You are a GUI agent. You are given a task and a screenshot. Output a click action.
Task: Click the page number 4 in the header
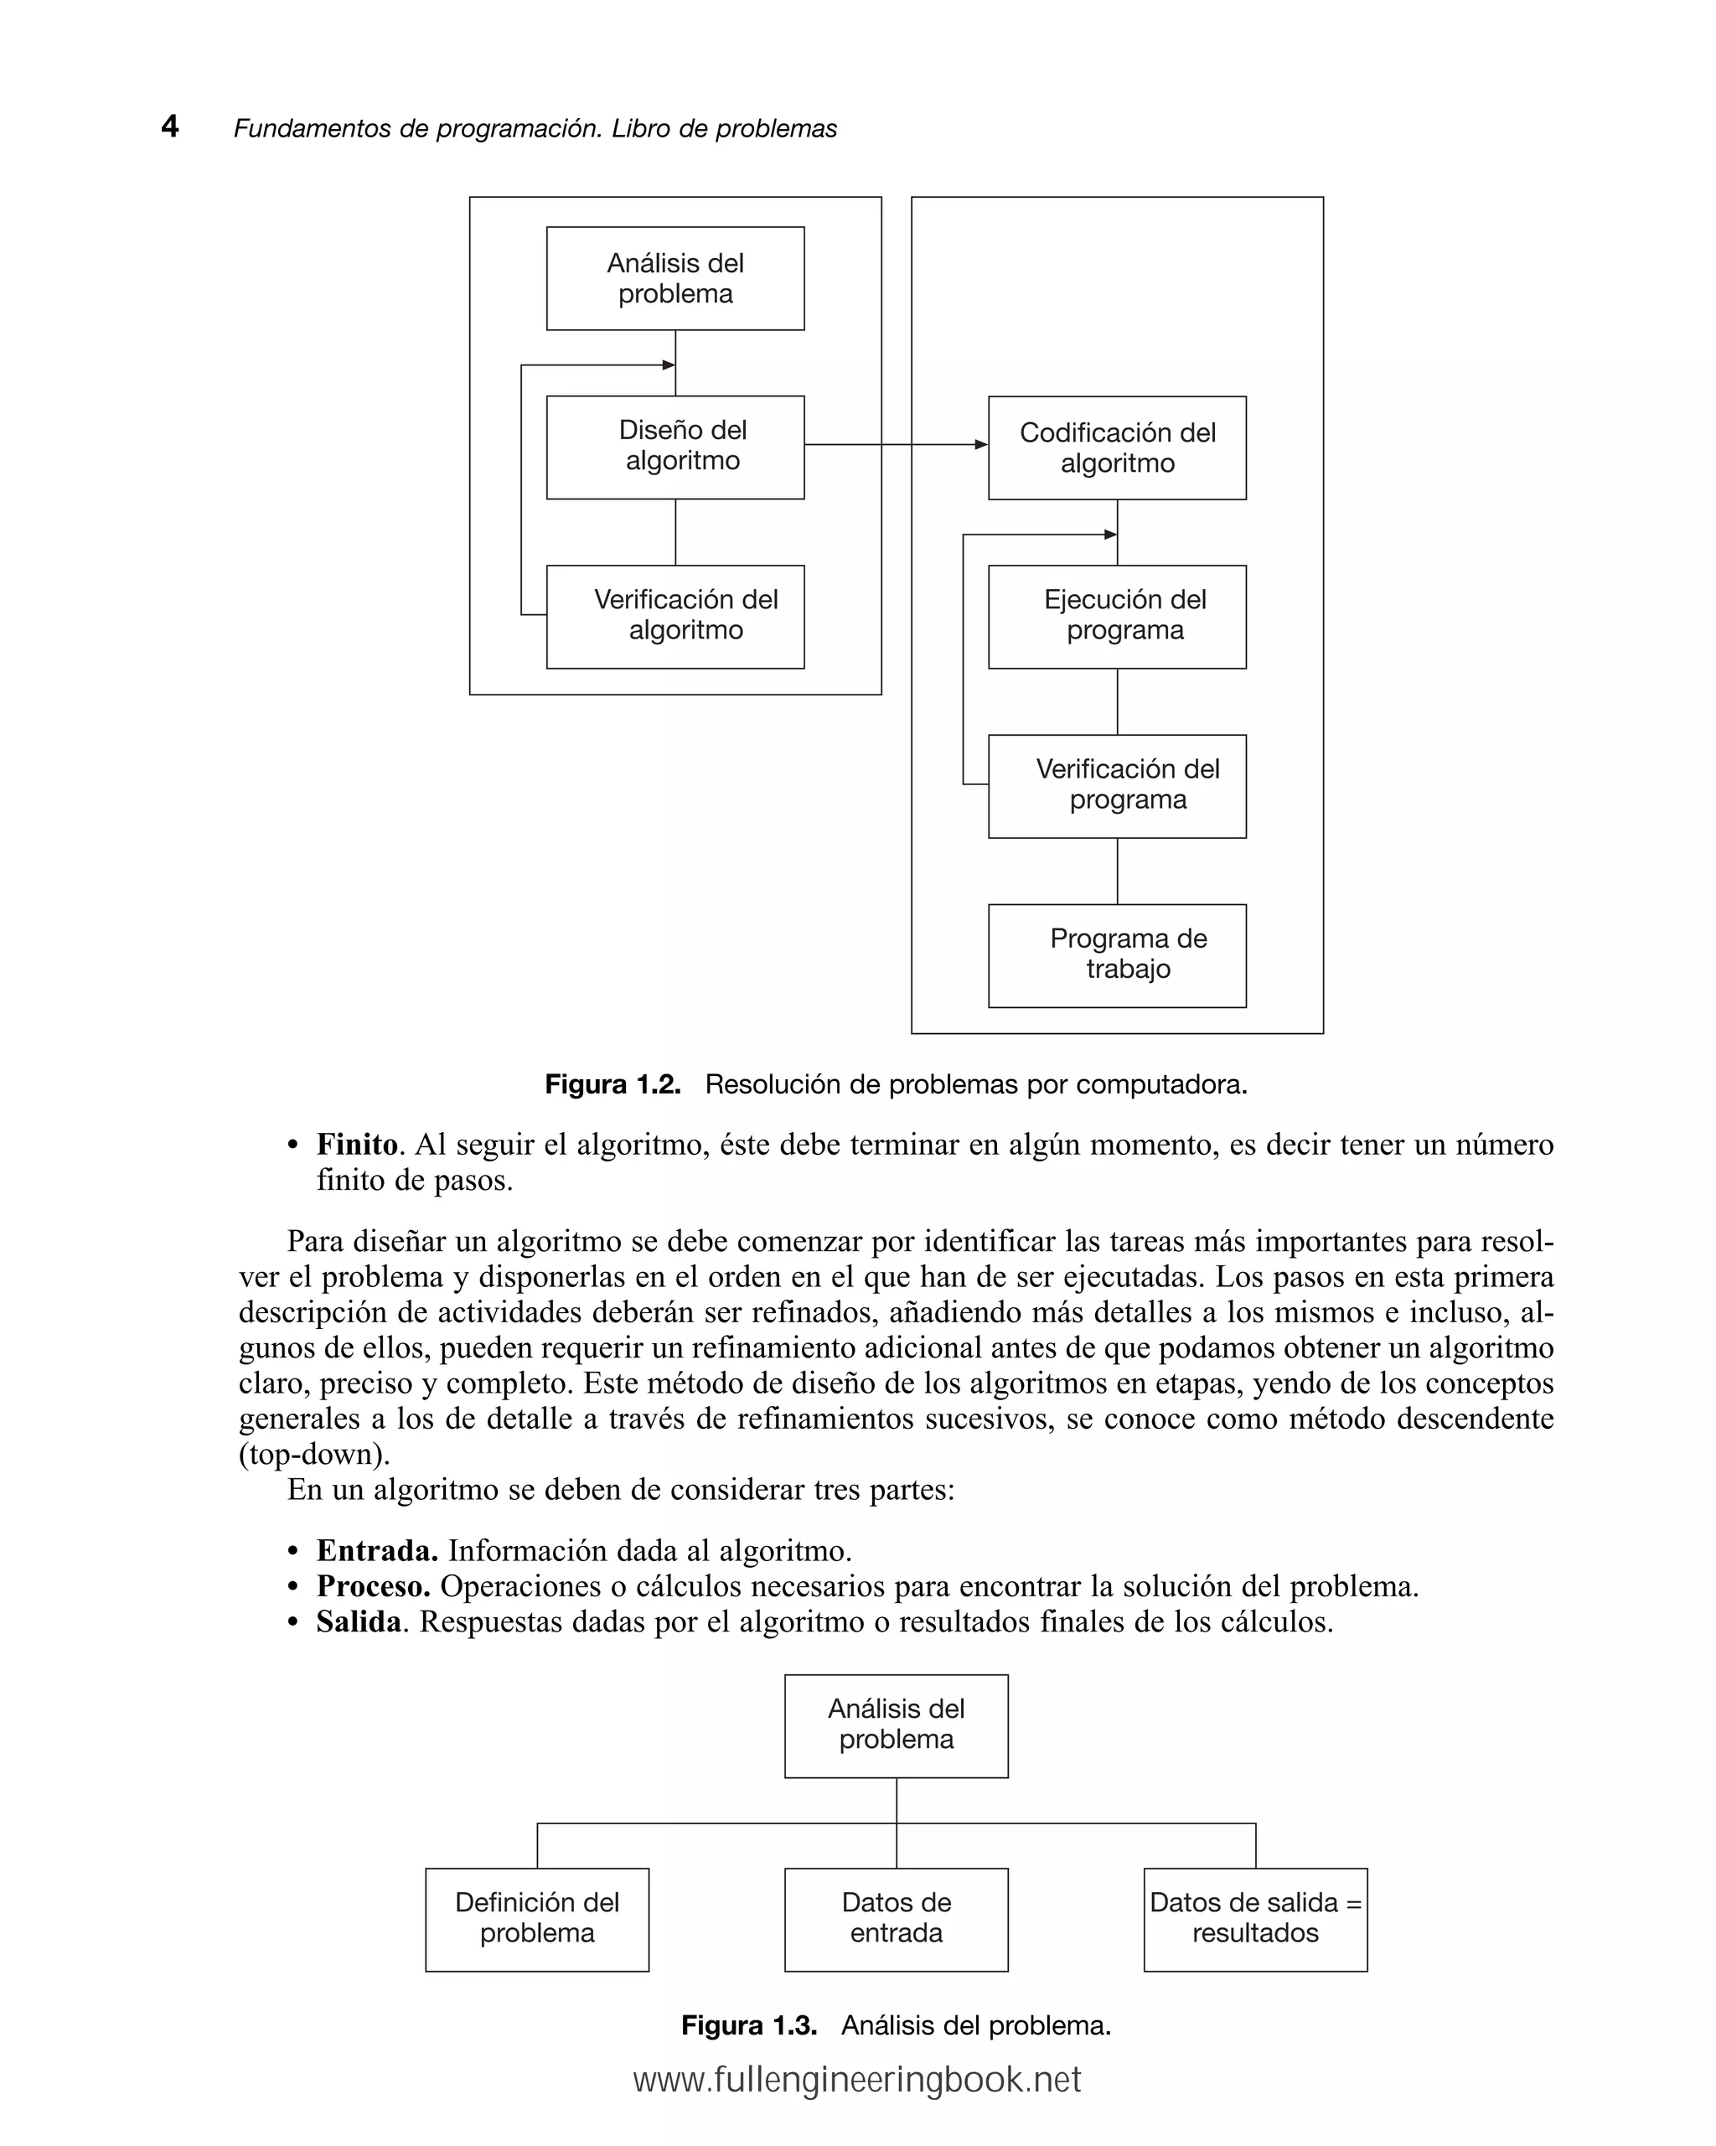click(170, 127)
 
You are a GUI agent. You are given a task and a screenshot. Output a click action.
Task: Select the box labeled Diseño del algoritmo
click(675, 447)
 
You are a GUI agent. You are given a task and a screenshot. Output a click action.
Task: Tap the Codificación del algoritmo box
click(1117, 448)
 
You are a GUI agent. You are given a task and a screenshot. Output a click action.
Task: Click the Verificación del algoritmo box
click(675, 616)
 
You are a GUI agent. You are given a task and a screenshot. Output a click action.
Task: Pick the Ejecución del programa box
click(1117, 616)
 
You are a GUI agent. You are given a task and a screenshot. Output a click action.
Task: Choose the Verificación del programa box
click(1117, 786)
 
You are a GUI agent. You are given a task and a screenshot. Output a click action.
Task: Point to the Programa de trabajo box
click(1117, 955)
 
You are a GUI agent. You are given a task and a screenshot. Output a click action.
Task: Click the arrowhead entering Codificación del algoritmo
click(980, 445)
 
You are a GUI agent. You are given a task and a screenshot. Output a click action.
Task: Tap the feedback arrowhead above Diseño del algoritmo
click(669, 365)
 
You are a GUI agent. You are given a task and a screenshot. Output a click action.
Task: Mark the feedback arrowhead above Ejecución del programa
click(1111, 535)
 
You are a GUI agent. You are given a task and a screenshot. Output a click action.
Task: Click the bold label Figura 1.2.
click(612, 1085)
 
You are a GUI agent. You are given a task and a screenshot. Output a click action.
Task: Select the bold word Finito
click(356, 1145)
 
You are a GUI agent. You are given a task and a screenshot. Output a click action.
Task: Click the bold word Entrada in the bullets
click(376, 1551)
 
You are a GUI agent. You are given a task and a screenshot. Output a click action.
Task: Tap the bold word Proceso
click(372, 1586)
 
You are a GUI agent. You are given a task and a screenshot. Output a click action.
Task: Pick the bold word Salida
click(359, 1622)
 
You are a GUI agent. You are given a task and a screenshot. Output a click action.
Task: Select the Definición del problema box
click(536, 1918)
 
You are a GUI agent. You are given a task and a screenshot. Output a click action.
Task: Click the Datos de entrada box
click(896, 1918)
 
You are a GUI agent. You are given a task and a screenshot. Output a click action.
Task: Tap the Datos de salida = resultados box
click(1255, 1918)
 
